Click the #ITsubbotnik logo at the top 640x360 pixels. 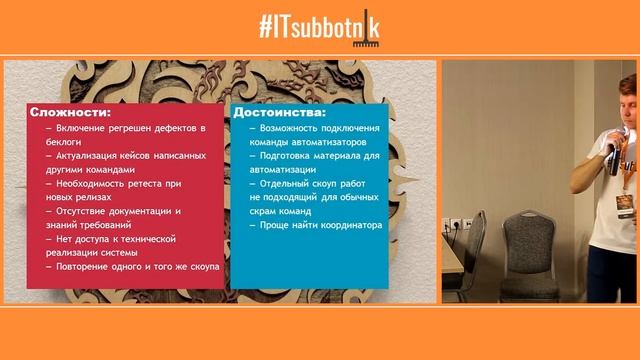coord(319,28)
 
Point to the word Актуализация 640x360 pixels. coord(95,156)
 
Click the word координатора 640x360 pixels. coord(347,225)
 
